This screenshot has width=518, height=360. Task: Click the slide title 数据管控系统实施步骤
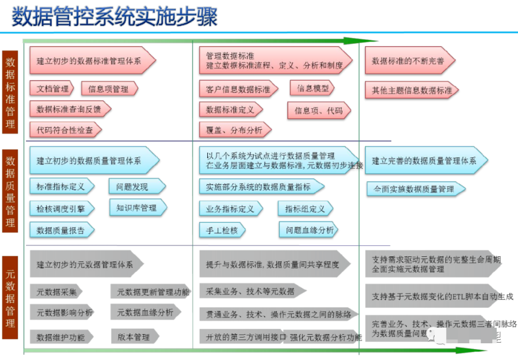[x=115, y=17]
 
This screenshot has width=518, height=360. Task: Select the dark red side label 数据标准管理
[x=10, y=93]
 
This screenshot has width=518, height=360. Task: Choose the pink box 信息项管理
[x=109, y=89]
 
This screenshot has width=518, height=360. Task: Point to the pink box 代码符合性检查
[x=64, y=130]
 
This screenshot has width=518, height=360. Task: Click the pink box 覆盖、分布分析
[x=234, y=130]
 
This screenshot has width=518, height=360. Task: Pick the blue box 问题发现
[x=136, y=187]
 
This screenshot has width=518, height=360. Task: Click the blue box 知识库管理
[x=137, y=208]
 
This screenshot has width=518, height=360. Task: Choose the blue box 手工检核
[x=222, y=230]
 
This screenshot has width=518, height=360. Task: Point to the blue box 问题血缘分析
[x=308, y=230]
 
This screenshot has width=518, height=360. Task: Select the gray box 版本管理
[x=134, y=337]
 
